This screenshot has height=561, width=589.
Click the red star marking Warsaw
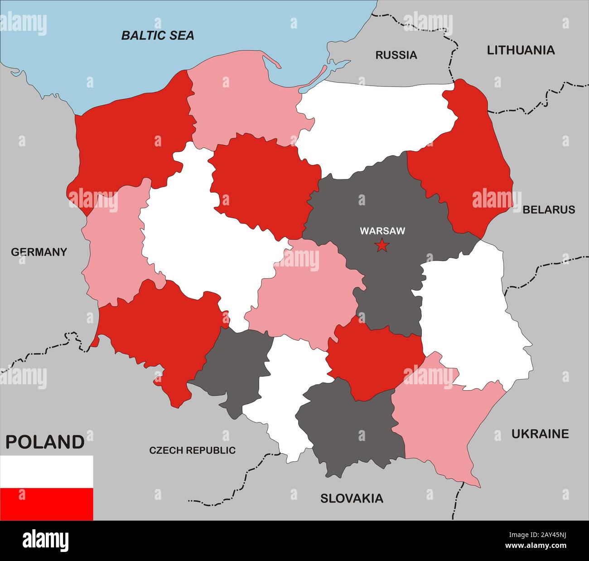(x=382, y=246)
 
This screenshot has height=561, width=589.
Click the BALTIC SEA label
(x=157, y=35)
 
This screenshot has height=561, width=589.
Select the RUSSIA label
(x=396, y=55)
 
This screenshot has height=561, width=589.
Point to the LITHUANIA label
(x=521, y=50)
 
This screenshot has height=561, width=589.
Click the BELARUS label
(x=549, y=210)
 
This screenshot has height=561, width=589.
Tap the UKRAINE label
(x=540, y=434)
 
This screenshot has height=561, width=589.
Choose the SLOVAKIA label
(x=352, y=498)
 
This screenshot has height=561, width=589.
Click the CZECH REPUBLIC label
(x=193, y=450)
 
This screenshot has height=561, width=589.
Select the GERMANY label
(x=39, y=252)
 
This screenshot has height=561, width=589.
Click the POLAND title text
(x=44, y=442)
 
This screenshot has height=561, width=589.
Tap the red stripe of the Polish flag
(x=46, y=504)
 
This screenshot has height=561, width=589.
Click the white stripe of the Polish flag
(x=46, y=471)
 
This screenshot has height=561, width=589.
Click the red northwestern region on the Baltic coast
(x=131, y=136)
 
